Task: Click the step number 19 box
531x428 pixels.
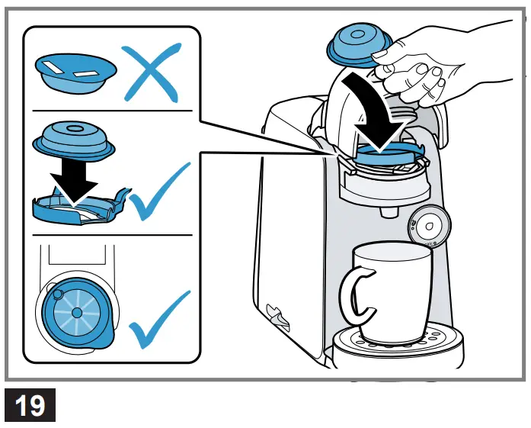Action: [x=30, y=405]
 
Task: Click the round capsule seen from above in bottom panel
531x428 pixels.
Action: [x=77, y=314]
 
